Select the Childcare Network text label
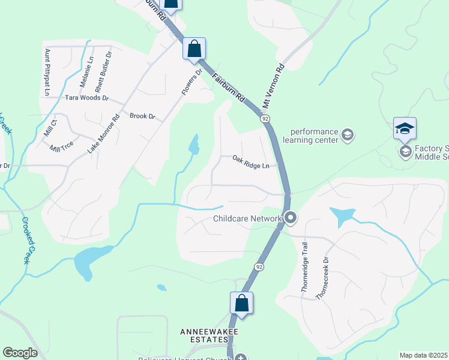[x=247, y=218]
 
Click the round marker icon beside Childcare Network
[x=291, y=218]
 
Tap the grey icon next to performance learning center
[x=347, y=135]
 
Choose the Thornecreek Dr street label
[x=327, y=279]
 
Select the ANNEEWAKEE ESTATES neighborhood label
[x=206, y=335]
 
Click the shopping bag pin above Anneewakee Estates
[x=241, y=303]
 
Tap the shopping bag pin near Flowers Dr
[x=194, y=49]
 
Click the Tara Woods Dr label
[x=86, y=97]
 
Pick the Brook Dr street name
[x=142, y=116]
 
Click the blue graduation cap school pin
[x=405, y=128]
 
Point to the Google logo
[x=20, y=353]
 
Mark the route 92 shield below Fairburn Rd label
[x=265, y=119]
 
